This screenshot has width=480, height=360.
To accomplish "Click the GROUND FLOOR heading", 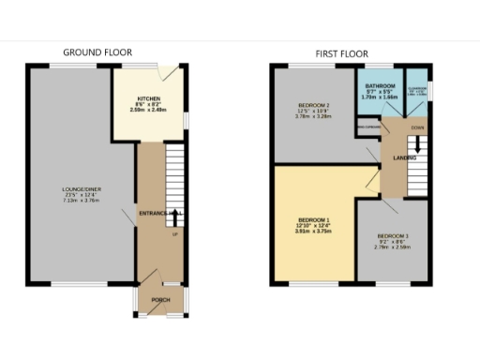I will point(97,52).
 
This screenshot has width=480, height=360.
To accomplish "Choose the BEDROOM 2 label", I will point(311,104).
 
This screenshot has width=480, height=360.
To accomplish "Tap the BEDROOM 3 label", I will point(393,235).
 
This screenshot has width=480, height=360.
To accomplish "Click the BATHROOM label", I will point(380,84).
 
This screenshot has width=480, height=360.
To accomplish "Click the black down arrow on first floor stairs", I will point(417,149).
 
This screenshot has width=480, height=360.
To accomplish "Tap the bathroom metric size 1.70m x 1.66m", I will point(380,97).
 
